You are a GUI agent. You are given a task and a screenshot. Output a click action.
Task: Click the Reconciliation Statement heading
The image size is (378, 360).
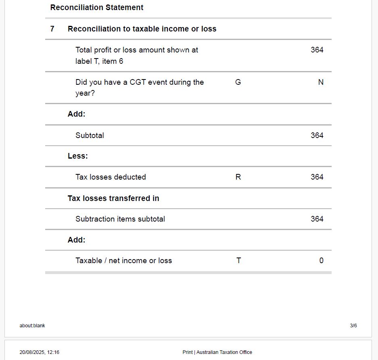(x=97, y=7)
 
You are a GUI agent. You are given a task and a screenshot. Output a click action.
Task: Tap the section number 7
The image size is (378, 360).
(x=52, y=29)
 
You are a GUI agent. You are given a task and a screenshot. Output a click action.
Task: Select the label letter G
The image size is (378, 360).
(x=238, y=82)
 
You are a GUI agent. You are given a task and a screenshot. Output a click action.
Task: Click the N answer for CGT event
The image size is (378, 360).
(x=321, y=82)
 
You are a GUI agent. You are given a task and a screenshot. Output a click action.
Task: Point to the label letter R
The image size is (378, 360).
(x=238, y=177)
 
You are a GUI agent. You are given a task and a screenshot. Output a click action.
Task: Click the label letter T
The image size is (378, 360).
(x=238, y=260)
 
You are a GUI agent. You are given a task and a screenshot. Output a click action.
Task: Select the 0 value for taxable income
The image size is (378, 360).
(x=321, y=260)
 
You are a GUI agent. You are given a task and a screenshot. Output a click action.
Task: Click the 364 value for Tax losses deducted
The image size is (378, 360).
(x=317, y=177)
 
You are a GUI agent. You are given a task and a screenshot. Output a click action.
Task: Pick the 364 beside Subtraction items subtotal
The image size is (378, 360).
(x=317, y=219)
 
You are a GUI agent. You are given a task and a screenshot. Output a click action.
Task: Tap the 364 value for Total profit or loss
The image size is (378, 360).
(x=317, y=50)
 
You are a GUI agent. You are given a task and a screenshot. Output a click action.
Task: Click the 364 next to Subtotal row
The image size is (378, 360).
(x=317, y=135)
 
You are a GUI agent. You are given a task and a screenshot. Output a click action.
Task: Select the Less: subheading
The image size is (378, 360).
(x=78, y=156)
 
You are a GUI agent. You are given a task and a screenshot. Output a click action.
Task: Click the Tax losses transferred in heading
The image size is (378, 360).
(x=113, y=198)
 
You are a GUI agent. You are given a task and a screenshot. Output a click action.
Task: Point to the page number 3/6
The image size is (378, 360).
(x=353, y=326)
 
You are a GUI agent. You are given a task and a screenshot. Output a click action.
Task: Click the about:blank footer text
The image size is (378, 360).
(x=32, y=326)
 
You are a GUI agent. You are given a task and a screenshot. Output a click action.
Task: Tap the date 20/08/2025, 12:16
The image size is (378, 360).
(x=40, y=352)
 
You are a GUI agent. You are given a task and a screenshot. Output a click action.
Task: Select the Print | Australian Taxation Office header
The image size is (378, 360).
(x=217, y=352)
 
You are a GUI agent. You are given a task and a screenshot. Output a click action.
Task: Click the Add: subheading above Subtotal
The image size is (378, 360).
(x=77, y=114)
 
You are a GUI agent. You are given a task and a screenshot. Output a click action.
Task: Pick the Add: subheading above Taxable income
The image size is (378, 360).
(x=77, y=240)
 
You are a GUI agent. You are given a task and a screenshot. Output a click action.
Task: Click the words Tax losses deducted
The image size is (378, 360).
(x=111, y=177)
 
